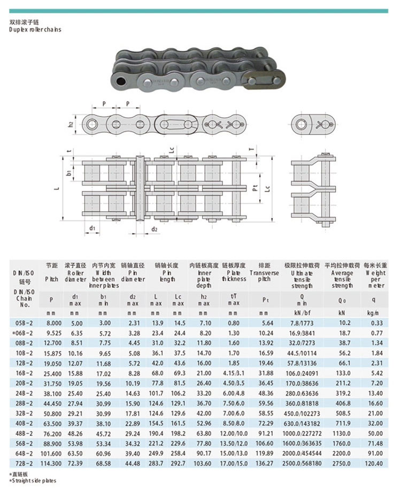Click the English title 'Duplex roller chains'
35,29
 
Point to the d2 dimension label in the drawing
154,229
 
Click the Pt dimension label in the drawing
255,188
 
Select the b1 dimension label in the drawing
70,173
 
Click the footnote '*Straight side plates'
33,481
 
